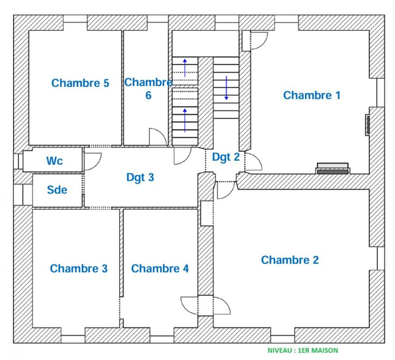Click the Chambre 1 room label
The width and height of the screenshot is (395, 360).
click(312, 95)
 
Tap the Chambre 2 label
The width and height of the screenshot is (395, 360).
click(290, 260)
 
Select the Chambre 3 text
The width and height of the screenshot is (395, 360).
click(79, 268)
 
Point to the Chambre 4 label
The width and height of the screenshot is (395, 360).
click(160, 268)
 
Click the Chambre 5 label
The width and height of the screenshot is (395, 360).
click(80, 83)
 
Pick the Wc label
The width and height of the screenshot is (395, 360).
click(55, 161)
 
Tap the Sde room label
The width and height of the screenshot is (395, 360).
click(57, 190)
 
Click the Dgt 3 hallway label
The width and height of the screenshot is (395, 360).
click(140, 177)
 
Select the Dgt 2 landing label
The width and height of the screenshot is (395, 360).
click(226, 157)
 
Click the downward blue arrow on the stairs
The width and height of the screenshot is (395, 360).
click(226, 88)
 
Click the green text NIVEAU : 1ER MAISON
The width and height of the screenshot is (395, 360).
click(303, 351)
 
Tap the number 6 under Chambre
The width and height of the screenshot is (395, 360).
click(149, 95)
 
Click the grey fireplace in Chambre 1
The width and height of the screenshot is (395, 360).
click(333, 169)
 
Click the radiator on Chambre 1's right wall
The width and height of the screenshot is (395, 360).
click(367, 125)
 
